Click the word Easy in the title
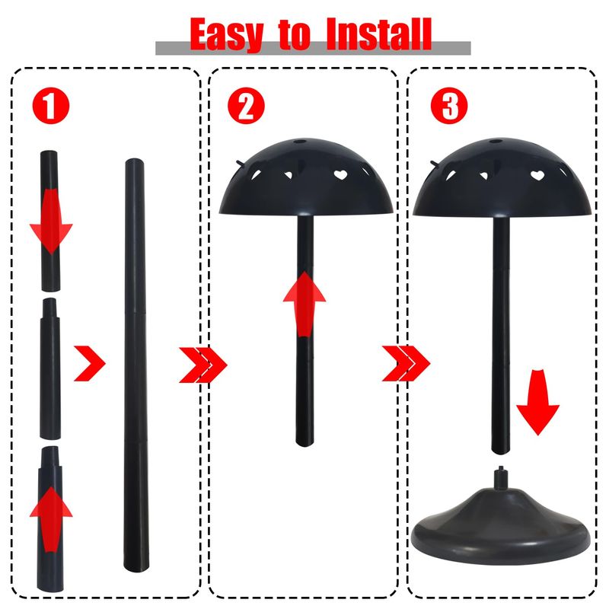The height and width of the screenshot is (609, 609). point(227,34)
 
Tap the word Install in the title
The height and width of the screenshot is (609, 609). point(379,34)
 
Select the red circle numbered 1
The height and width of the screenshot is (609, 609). point(51,106)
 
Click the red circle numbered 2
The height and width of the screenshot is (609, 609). point(246,106)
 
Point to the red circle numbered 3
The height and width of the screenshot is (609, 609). point(449,106)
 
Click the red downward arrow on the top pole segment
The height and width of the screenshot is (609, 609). point(51,221)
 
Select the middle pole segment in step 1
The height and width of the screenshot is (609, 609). point(50,369)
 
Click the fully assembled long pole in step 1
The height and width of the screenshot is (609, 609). point(136,365)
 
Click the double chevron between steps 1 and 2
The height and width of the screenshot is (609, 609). point(202,365)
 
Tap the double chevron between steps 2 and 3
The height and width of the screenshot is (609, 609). point(406,364)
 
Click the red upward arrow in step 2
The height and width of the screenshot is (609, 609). point(304,304)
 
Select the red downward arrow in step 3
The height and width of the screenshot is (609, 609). point(537,403)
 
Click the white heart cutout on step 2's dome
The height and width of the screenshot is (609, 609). point(340,175)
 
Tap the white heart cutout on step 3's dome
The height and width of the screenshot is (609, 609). point(537,175)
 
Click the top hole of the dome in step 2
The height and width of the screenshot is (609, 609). point(299,142)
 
